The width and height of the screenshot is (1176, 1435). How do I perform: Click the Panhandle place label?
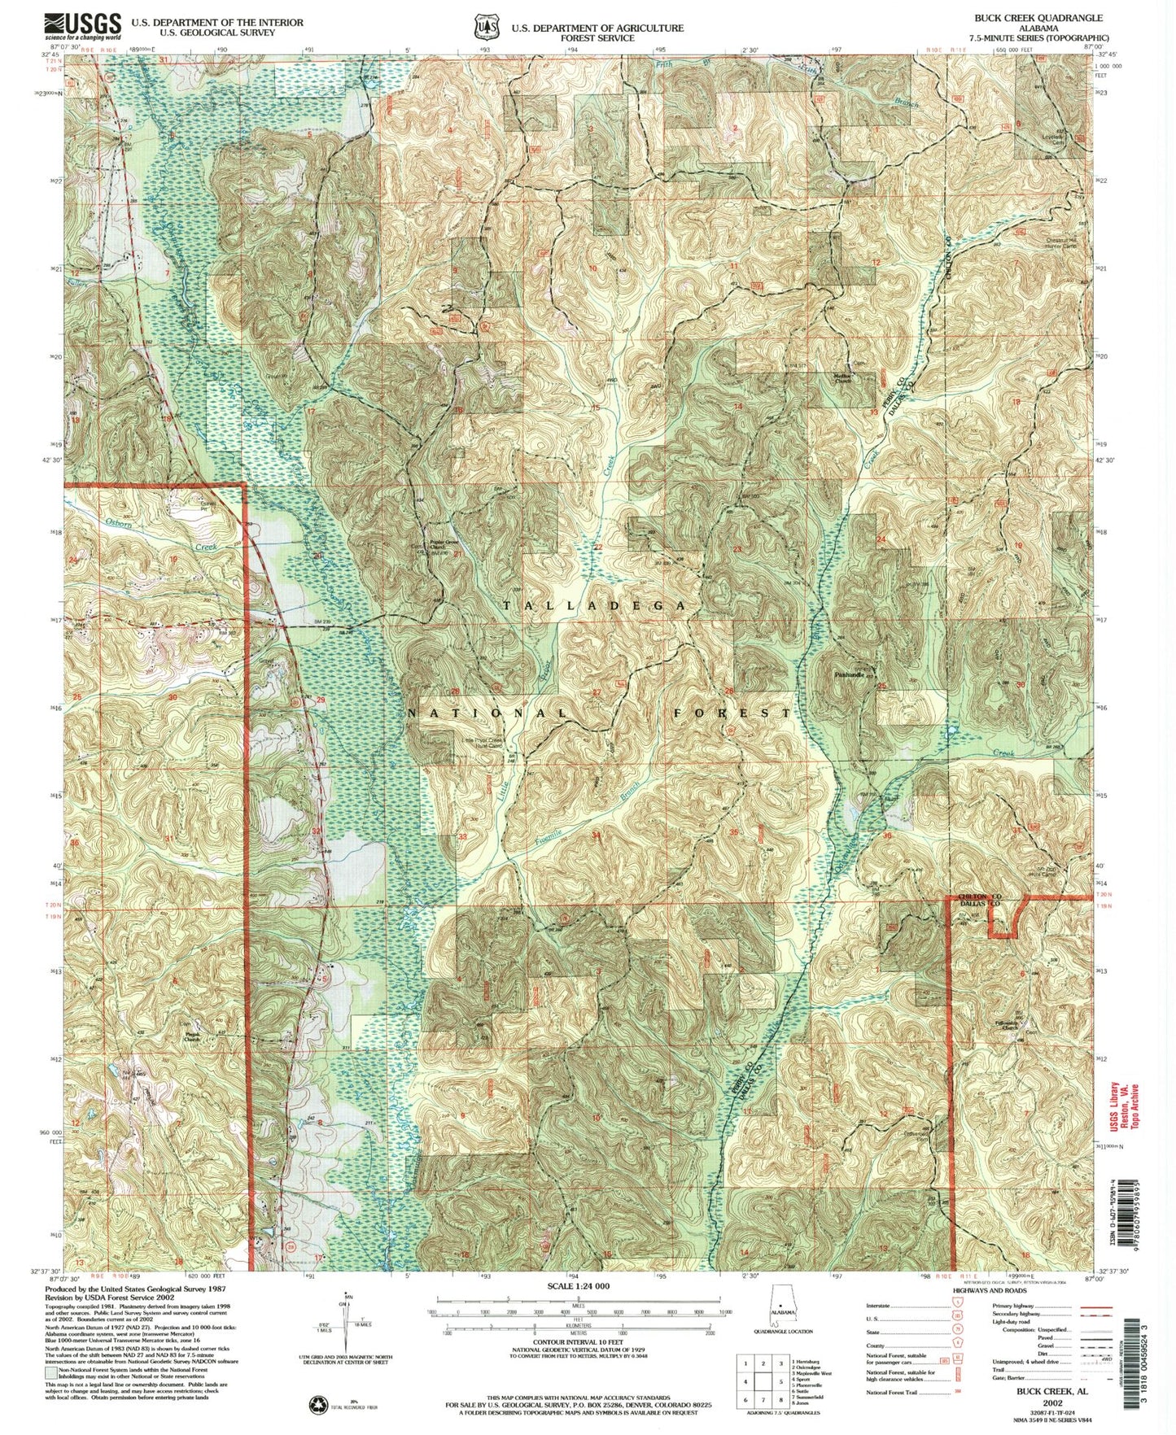click(848, 675)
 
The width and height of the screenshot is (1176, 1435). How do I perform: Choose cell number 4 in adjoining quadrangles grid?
click(745, 1381)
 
